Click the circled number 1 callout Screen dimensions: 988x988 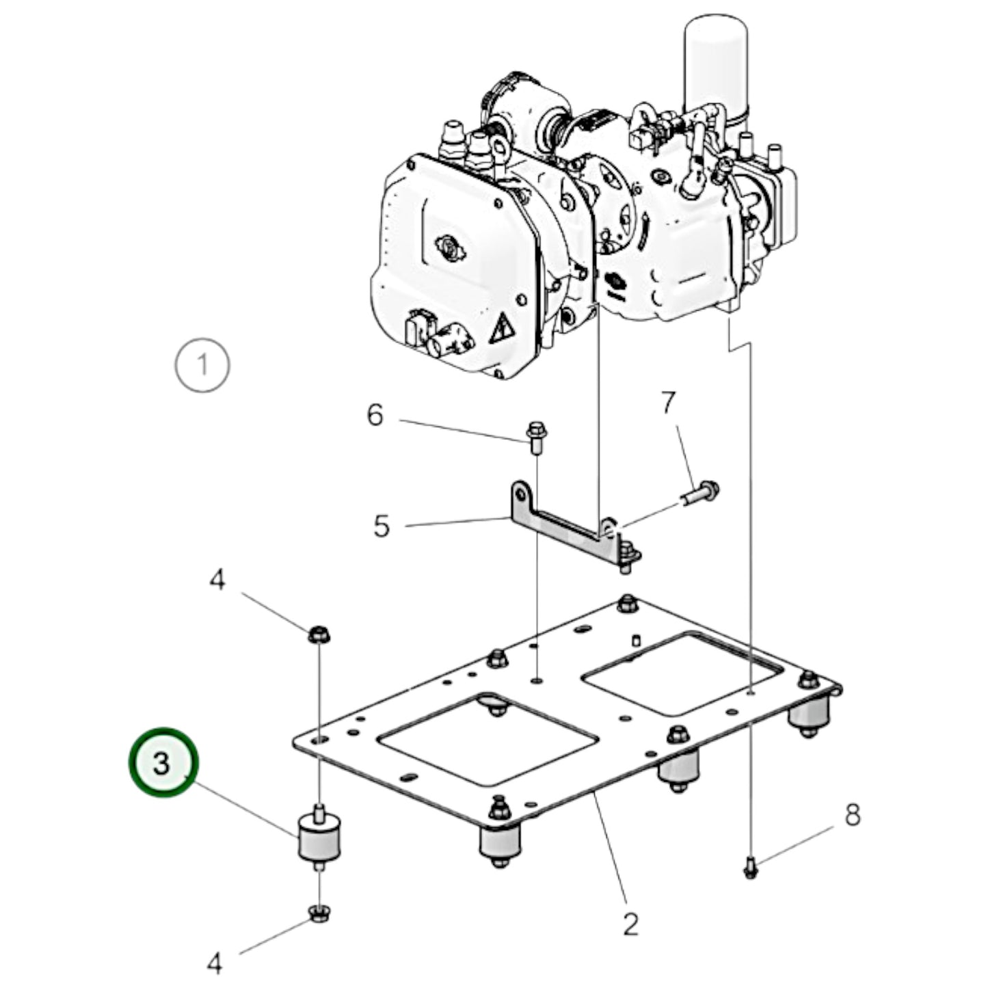tap(202, 365)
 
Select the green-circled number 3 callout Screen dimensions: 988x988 tap(163, 762)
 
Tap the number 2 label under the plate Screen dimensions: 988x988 tap(630, 924)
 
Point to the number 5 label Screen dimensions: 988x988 tap(382, 526)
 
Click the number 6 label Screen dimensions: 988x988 tap(375, 415)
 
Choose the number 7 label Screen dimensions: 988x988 tap(668, 403)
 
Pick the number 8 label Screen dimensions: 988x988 tap(852, 815)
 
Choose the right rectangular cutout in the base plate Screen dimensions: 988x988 tap(681, 673)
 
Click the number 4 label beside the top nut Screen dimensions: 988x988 tap(216, 581)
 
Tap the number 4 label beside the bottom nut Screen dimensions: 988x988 tap(215, 964)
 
